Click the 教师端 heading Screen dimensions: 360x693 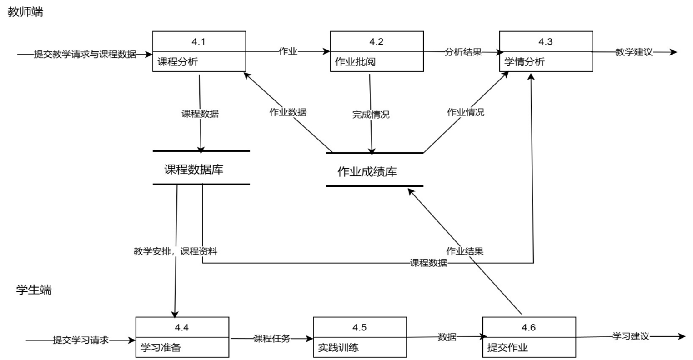point(25,12)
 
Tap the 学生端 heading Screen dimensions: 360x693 point(34,290)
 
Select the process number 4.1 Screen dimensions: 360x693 point(199,42)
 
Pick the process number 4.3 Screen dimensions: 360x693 point(546,42)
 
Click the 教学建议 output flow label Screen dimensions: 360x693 point(634,52)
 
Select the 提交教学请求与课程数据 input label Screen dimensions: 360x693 point(85,55)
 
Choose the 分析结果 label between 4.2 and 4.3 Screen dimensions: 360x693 point(463,52)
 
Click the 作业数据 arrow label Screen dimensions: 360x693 point(288,112)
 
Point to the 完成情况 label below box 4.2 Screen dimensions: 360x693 point(371,115)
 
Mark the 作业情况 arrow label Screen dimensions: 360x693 point(466,112)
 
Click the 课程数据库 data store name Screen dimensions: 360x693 point(194,170)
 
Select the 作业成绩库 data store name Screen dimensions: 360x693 point(367,172)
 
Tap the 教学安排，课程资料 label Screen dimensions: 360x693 point(176,251)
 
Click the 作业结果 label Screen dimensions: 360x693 point(465,251)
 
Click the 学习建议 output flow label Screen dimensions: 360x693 point(630,336)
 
